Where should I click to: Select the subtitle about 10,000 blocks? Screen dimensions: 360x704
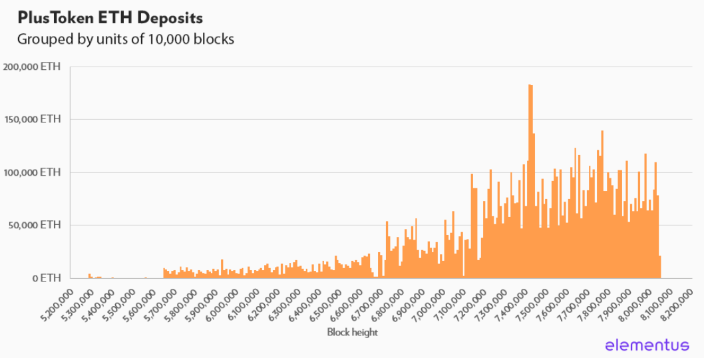[x=126, y=39]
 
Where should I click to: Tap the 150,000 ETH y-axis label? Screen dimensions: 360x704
[x=33, y=120]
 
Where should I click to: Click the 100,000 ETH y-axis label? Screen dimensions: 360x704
[x=33, y=172]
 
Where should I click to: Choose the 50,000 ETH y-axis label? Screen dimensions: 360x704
[x=36, y=225]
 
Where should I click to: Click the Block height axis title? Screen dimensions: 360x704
[x=352, y=332]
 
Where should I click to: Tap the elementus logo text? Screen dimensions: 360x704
[x=647, y=344]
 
